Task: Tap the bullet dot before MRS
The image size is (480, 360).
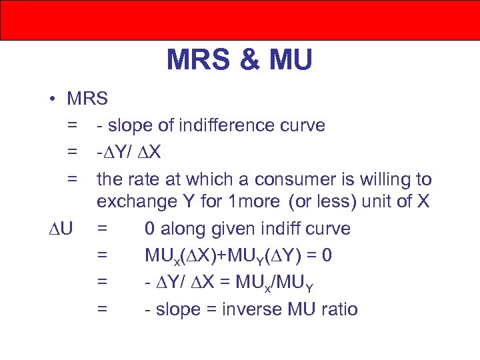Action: [x=51, y=99]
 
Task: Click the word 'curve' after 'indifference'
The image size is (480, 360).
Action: [x=303, y=125]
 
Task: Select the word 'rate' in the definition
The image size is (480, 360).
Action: [x=144, y=179]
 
